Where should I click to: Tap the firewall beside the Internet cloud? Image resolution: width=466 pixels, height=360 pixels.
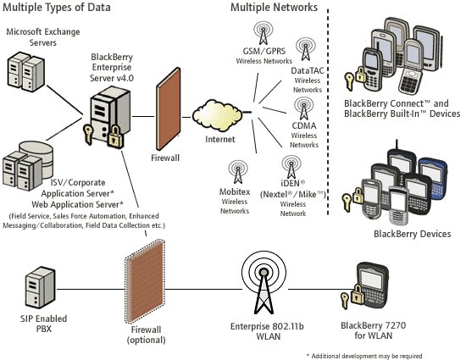coord(169,109)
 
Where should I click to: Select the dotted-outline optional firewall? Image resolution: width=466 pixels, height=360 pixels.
coord(145,281)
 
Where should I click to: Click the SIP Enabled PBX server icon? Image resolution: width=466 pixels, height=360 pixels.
coord(40,287)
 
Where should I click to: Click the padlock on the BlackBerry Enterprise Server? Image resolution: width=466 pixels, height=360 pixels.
coord(115,136)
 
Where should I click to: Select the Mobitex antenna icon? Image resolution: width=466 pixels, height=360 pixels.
coord(238,172)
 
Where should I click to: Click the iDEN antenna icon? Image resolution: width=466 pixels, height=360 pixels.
coord(291,167)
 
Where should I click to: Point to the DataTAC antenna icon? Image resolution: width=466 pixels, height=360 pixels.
coord(306,49)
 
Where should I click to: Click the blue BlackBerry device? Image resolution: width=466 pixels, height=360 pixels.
coord(434,179)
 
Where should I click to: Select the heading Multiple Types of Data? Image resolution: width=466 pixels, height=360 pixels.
coord(57,7)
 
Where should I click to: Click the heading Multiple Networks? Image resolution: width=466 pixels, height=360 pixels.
coord(274,7)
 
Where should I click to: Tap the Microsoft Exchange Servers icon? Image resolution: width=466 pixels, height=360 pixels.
coord(26,71)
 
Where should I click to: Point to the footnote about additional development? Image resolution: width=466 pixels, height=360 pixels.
coord(364,356)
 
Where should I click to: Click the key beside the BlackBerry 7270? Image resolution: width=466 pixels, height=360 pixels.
coord(345,301)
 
